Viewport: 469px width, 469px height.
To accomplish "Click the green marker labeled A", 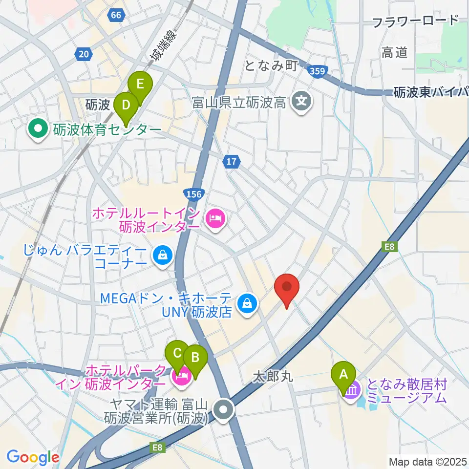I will point(343,374).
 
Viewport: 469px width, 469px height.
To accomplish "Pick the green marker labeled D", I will point(126,105).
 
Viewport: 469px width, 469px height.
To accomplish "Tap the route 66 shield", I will point(116,15).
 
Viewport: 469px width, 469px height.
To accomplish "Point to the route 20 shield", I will point(84,54).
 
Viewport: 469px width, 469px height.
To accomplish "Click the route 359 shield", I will point(318,72).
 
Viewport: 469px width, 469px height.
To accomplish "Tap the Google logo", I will point(33,457).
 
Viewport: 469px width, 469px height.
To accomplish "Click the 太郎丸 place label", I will point(272,377).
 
